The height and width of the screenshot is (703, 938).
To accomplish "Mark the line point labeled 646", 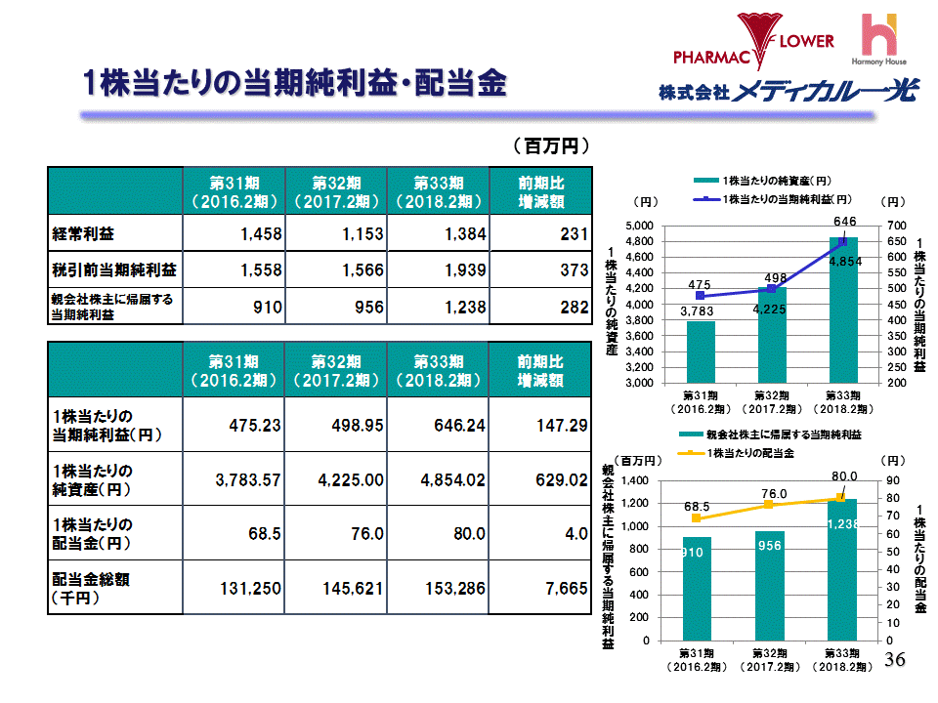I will (x=844, y=241).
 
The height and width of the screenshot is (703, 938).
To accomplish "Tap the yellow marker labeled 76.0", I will (x=769, y=504).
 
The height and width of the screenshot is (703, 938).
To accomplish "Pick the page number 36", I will (x=895, y=660).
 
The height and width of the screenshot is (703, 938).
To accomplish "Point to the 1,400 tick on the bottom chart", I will (x=636, y=481).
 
